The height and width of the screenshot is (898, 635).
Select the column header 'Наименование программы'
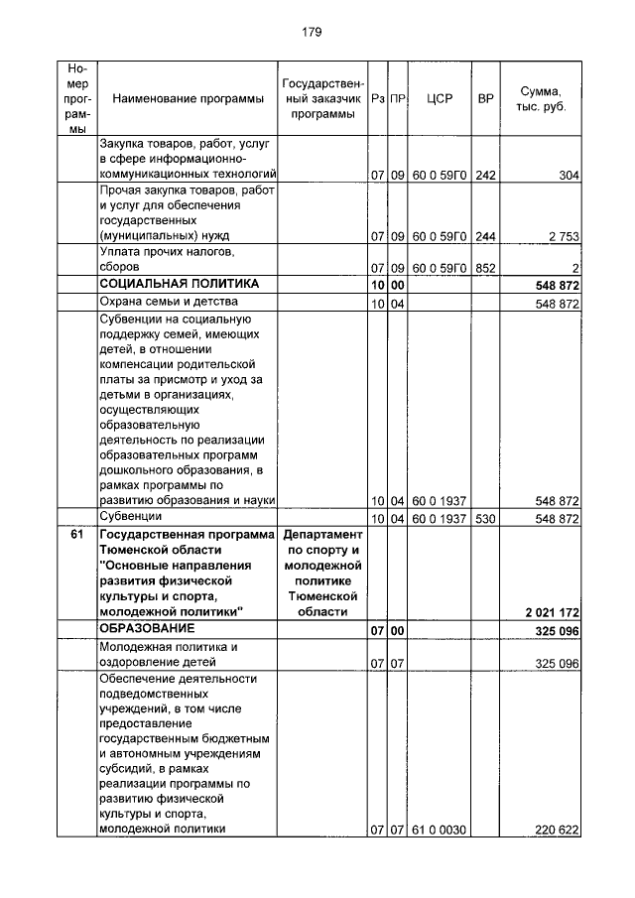pos(188,99)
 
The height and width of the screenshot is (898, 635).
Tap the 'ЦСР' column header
pos(439,99)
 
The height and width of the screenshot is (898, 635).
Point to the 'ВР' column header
pos(485,99)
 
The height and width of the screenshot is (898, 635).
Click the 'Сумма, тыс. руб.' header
pos(541,98)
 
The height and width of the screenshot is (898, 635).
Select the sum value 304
pos(569,176)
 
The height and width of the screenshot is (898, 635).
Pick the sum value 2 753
pos(561,237)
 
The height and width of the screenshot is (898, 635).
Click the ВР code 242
pos(485,176)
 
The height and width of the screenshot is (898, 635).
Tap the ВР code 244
pos(485,237)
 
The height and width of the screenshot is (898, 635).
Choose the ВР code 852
pos(485,268)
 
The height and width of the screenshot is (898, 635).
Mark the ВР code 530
pos(485,519)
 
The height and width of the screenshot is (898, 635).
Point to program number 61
pos(76,536)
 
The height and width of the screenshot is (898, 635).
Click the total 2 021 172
pos(546,613)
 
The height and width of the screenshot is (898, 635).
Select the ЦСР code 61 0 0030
pos(438,830)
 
